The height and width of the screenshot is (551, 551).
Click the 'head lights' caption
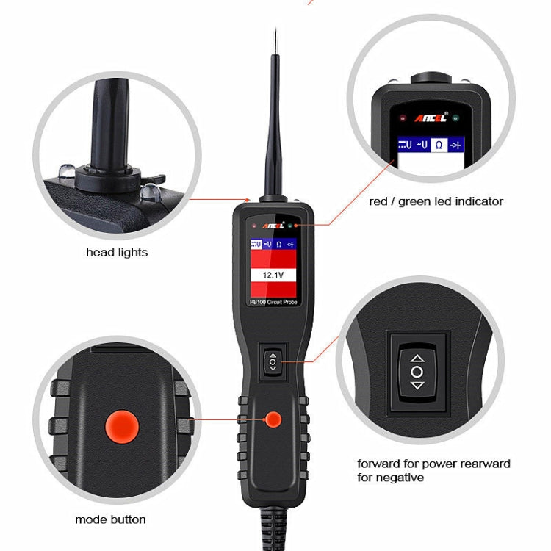point(117,253)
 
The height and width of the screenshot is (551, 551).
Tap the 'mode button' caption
point(110,519)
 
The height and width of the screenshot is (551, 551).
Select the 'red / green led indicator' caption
point(436,201)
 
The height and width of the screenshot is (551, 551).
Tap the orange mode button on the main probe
point(274,419)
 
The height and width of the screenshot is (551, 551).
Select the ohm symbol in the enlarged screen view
point(439,145)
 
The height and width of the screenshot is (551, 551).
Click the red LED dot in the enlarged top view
point(402,118)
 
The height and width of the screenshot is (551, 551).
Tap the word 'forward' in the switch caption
point(379,464)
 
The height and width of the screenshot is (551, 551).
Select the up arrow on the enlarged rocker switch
point(417,359)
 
